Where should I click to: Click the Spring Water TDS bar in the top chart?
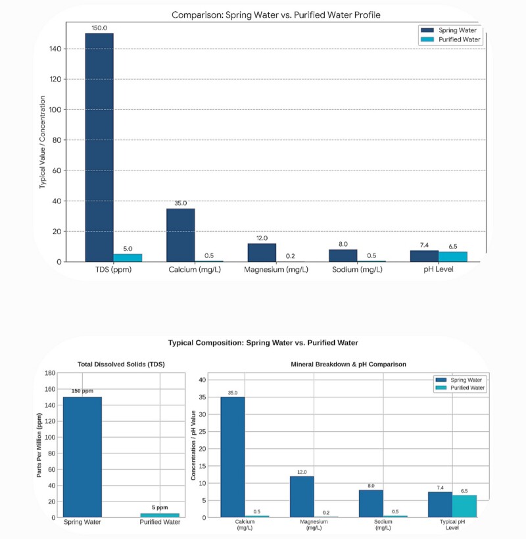[x=99, y=147]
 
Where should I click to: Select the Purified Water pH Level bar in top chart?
[x=453, y=257]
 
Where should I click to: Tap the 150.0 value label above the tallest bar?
[x=99, y=28]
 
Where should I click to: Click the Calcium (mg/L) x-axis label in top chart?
[x=195, y=270]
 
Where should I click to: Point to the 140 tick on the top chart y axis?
[x=55, y=49]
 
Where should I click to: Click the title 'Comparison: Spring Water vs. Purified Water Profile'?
[x=276, y=14]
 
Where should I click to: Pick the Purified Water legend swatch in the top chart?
[x=427, y=39]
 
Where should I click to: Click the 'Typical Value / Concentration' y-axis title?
[x=42, y=142]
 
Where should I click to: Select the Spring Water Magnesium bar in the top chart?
[x=262, y=253]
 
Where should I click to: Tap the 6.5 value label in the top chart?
[x=453, y=247]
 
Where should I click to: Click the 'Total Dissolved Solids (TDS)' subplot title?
[x=121, y=365]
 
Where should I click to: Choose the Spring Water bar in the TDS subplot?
[x=82, y=457]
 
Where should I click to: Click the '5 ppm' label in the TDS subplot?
[x=160, y=507]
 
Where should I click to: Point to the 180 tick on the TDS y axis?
[x=50, y=373]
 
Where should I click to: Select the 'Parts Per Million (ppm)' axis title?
[x=39, y=445]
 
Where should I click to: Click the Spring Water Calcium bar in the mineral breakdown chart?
[x=233, y=457]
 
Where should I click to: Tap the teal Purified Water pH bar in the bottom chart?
[x=465, y=506]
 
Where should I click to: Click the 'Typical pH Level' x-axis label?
[x=452, y=525]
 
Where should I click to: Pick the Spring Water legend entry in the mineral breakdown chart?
[x=459, y=380]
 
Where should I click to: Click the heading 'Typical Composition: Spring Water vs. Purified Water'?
[x=263, y=343]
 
